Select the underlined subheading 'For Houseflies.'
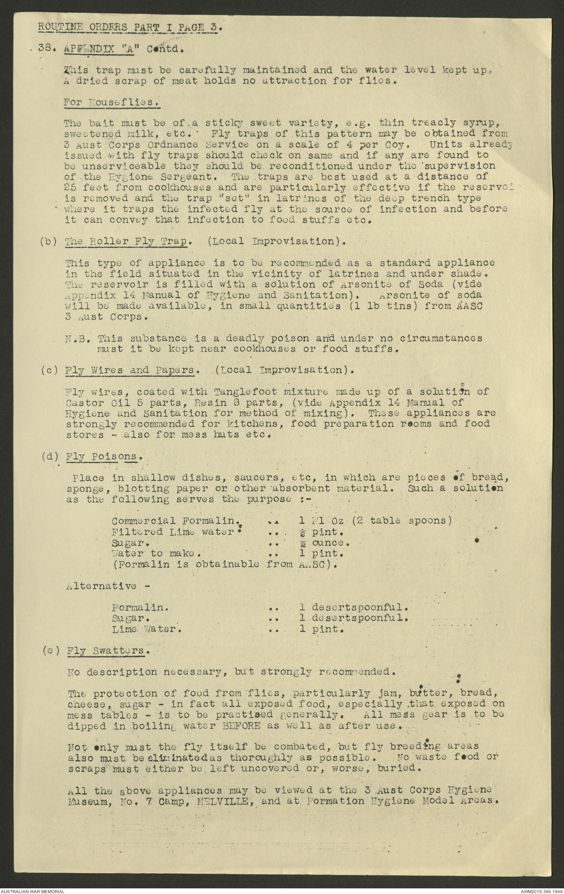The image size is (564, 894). [x=111, y=102]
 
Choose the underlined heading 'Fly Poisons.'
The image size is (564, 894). [x=105, y=456]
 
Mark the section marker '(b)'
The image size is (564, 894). [x=49, y=242]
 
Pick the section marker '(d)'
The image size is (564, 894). [x=49, y=456]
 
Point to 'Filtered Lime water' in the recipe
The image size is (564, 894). [x=172, y=532]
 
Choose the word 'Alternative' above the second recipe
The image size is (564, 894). [x=102, y=586]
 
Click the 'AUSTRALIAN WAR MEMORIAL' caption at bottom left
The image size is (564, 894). [x=33, y=890]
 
